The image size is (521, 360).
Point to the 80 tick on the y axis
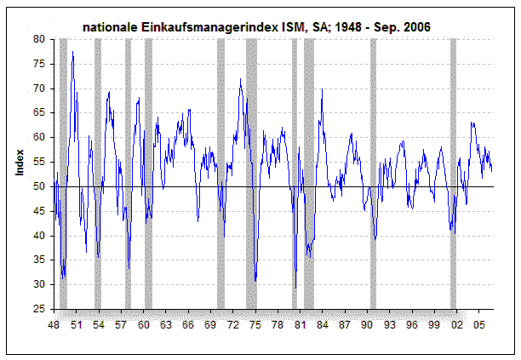[x=40, y=39]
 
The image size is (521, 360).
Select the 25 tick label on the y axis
[x=40, y=310]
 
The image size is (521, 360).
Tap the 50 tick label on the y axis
[x=40, y=186]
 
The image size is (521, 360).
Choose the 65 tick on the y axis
[x=40, y=112]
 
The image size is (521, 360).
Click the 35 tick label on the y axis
[x=40, y=260]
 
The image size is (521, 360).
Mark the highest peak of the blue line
[x=72, y=53]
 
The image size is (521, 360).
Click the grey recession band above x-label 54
[x=97, y=170]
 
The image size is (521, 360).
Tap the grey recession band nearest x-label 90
[x=373, y=170]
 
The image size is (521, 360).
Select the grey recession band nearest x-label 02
[x=453, y=170]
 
